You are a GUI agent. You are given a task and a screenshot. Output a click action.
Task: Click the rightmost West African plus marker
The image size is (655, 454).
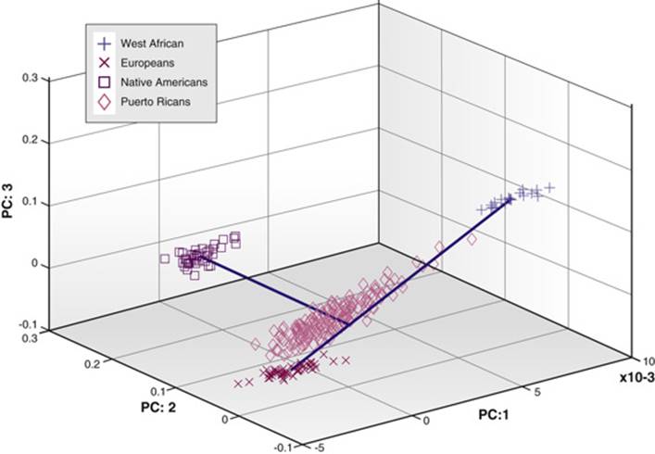(549, 188)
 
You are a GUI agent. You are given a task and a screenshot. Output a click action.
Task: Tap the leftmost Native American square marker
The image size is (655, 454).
(164, 259)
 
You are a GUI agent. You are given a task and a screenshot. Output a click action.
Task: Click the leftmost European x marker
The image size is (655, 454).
(238, 383)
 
